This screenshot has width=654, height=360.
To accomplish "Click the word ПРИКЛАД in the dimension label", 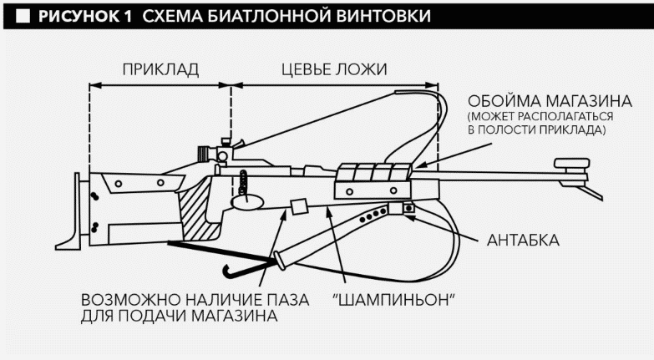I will pyautogui.click(x=160, y=69).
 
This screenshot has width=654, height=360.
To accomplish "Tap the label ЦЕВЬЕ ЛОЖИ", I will pyautogui.click(x=332, y=69).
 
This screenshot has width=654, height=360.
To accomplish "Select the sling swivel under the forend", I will pyautogui.click(x=408, y=209).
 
